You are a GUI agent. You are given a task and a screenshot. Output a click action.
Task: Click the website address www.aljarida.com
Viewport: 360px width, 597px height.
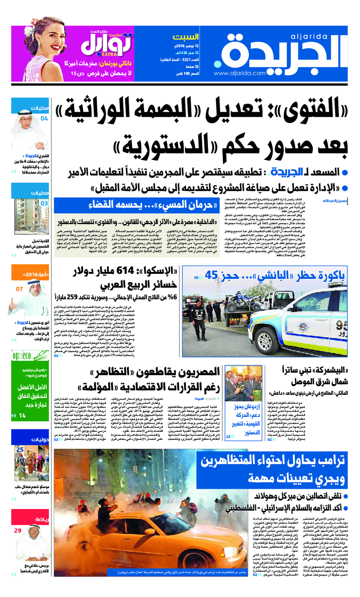[240, 73]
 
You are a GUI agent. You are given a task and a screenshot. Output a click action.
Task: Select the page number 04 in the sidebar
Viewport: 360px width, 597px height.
[44, 119]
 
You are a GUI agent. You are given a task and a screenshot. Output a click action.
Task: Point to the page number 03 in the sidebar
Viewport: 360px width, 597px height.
[44, 204]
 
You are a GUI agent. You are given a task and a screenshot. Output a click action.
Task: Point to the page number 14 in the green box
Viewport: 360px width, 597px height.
[22, 416]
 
